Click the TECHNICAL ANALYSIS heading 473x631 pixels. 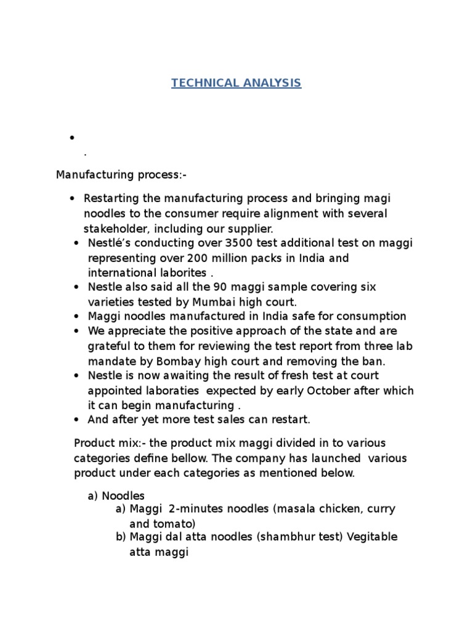236,83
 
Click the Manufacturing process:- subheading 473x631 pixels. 121,175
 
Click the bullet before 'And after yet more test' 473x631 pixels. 76,420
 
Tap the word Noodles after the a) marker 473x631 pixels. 123,495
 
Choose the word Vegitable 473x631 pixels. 372,537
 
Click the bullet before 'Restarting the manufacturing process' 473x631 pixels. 72,199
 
